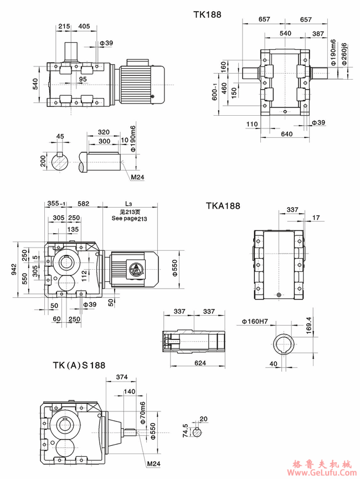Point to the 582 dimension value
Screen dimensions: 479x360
click(83, 204)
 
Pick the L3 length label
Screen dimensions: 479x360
click(129, 204)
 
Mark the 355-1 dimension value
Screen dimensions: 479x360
click(55, 204)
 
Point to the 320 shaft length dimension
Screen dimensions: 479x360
click(103, 133)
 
